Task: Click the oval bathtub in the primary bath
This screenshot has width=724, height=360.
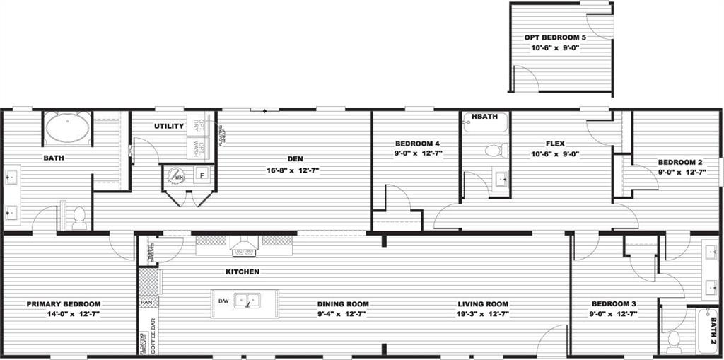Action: (67, 129)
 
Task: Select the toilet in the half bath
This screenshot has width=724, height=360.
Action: (496, 150)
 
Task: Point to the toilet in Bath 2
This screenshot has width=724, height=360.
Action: (674, 341)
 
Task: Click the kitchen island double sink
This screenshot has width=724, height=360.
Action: (246, 301)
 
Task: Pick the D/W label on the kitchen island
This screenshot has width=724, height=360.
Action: (223, 301)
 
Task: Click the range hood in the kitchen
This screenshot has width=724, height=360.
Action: (244, 248)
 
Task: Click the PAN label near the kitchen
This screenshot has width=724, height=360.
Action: (147, 303)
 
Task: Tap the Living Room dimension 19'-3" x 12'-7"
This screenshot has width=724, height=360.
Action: (483, 313)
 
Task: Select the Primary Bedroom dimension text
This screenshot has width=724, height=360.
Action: (64, 313)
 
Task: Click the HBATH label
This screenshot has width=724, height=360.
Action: (484, 117)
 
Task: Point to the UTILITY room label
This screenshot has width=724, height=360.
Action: (169, 126)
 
